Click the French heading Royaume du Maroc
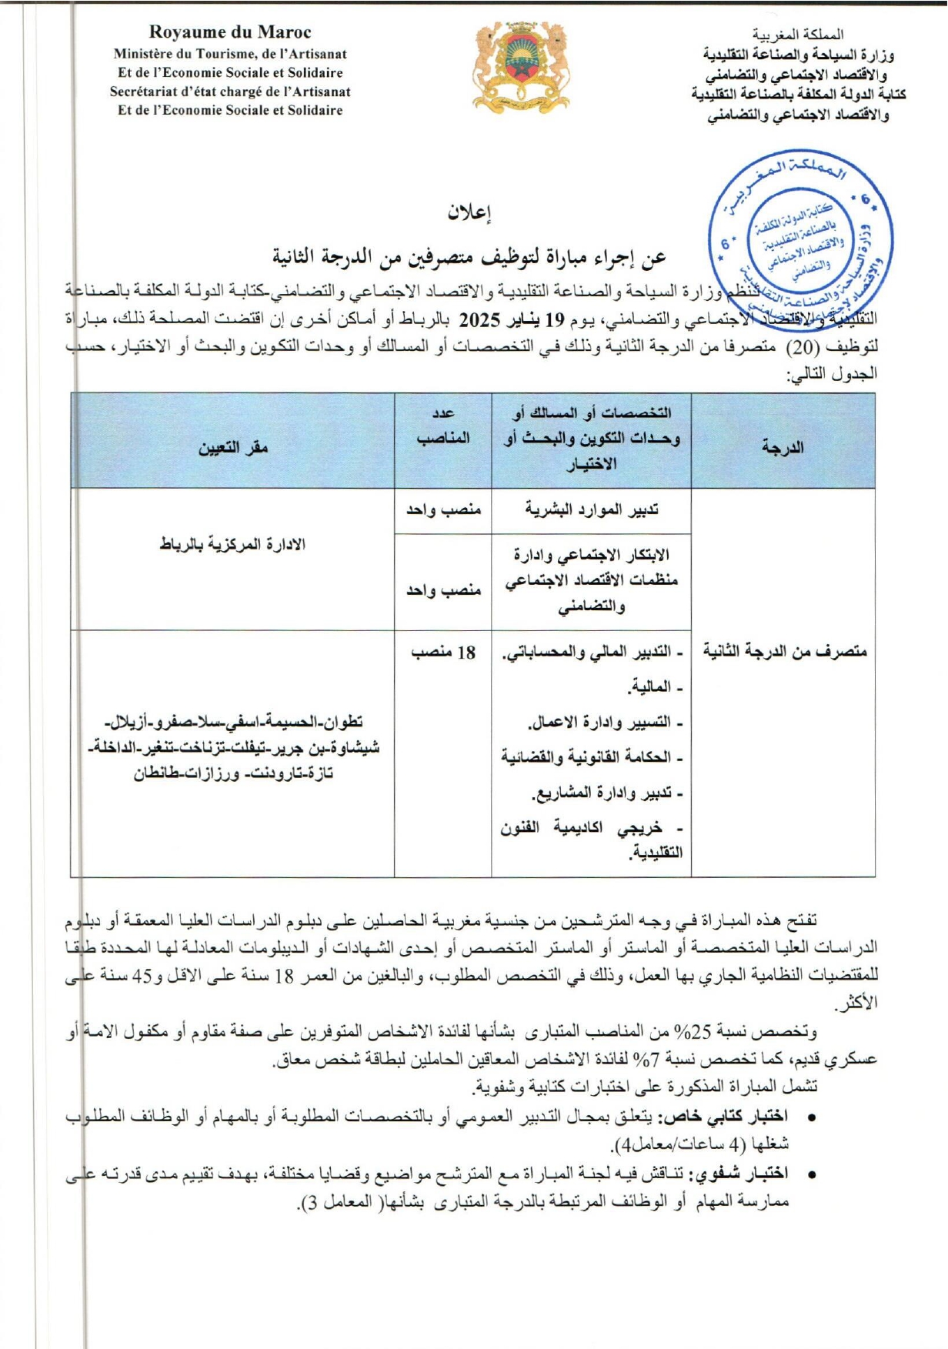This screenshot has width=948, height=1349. click(x=230, y=32)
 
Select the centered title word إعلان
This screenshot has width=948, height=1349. click(x=470, y=213)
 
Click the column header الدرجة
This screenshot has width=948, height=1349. click(x=783, y=447)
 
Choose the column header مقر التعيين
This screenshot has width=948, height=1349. click(x=233, y=447)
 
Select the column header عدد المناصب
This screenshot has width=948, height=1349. click(x=443, y=426)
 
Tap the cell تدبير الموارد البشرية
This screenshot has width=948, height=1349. click(x=591, y=509)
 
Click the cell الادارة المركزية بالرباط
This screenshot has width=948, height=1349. click(x=233, y=545)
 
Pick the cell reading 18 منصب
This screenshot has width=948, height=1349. click(x=443, y=653)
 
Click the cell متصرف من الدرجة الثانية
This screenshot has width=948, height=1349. click(x=784, y=651)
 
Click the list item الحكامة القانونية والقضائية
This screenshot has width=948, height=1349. click(x=592, y=757)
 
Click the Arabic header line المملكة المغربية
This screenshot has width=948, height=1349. click(x=798, y=35)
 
